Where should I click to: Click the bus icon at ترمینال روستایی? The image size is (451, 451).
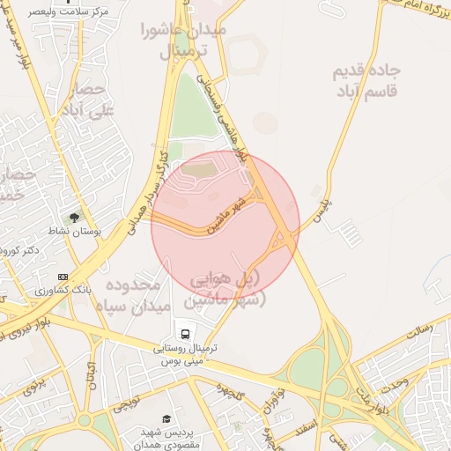coord(185,334)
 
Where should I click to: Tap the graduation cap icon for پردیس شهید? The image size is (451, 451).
coord(166,418)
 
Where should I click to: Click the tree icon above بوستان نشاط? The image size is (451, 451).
coord(74,217)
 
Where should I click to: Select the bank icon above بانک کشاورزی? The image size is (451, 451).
coord(62,277)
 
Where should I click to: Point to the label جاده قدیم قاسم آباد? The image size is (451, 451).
coord(367,81)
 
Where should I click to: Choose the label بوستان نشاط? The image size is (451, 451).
coord(99,230)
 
